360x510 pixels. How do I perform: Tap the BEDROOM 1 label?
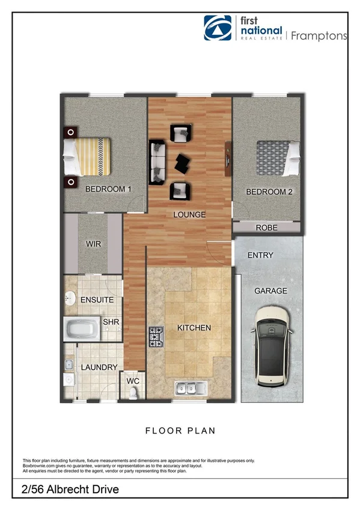(x=108, y=189)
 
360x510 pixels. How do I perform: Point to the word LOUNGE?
(x=189, y=215)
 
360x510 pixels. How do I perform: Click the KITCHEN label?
(x=194, y=328)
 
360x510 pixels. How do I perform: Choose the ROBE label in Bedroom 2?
(x=266, y=228)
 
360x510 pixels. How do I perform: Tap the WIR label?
(x=93, y=245)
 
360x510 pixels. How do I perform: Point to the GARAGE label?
(x=270, y=291)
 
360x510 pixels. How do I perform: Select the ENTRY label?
(x=260, y=256)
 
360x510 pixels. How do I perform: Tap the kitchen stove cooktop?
(x=156, y=339)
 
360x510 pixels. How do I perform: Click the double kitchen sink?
(x=191, y=387)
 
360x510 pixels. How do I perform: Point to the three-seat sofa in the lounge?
(x=157, y=162)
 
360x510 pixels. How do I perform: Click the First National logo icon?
(x=217, y=28)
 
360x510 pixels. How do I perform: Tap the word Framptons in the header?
(x=319, y=35)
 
